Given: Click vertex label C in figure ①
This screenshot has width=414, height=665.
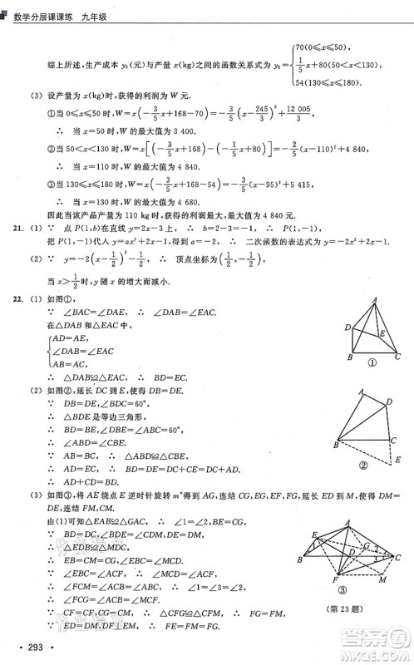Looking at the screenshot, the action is (x=398, y=357).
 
